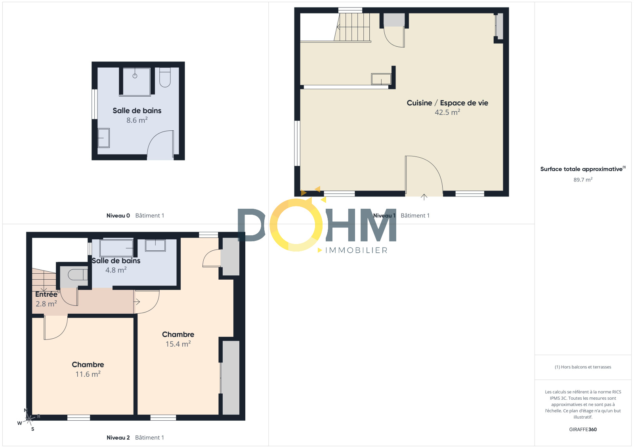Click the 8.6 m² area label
[x=137, y=120]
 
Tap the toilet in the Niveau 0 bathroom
[x=165, y=77]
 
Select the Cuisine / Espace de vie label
[x=447, y=103]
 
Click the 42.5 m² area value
[x=447, y=112]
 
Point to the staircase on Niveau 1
[x=352, y=27]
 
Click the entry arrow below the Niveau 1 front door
[x=424, y=197]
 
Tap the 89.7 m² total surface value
[x=583, y=180]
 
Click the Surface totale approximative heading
[x=583, y=169]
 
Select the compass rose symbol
[x=29, y=419]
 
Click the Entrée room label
[x=46, y=294]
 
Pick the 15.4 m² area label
[x=178, y=344]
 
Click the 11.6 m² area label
[x=88, y=374]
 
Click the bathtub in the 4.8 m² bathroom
[x=116, y=248]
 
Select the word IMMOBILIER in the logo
[x=356, y=250]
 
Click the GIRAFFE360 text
[x=583, y=429]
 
